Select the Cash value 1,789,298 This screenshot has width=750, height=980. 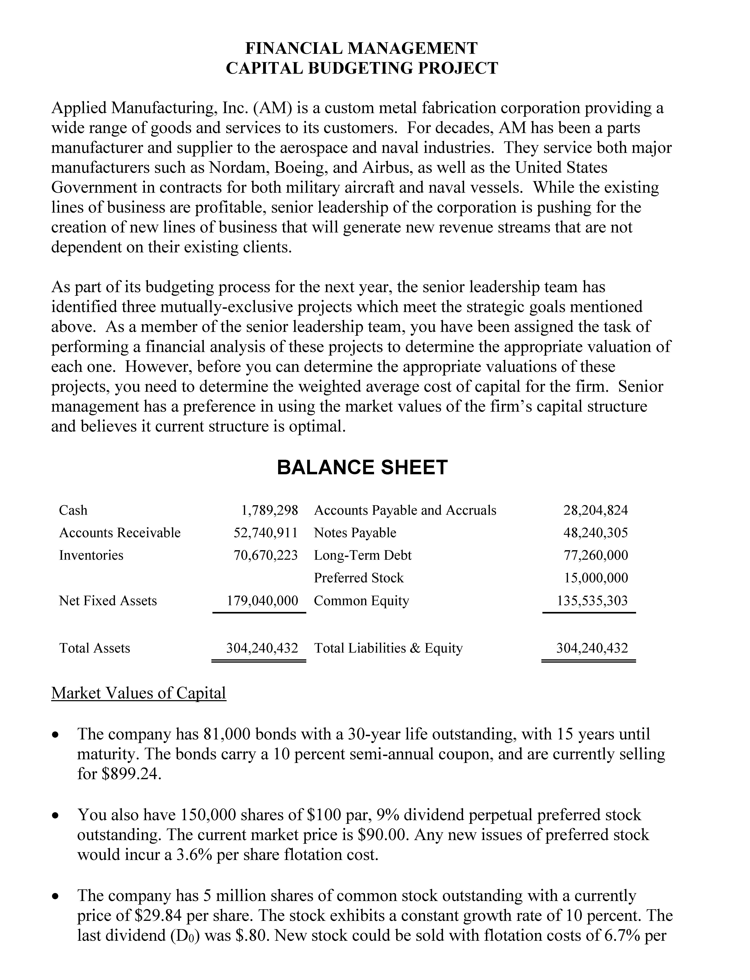pyautogui.click(x=269, y=510)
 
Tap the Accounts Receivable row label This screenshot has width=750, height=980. pyautogui.click(x=120, y=533)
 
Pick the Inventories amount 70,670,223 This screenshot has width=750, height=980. pyautogui.click(x=266, y=555)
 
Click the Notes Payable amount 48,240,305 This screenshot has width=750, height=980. pyautogui.click(x=595, y=533)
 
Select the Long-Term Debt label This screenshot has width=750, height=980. pyautogui.click(x=362, y=555)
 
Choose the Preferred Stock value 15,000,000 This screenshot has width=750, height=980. pyautogui.click(x=595, y=578)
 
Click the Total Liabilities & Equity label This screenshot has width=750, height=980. pyautogui.click(x=388, y=648)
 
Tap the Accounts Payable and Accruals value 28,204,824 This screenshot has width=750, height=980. pyautogui.click(x=595, y=510)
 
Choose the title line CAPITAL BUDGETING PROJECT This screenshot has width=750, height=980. pyautogui.click(x=362, y=68)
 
